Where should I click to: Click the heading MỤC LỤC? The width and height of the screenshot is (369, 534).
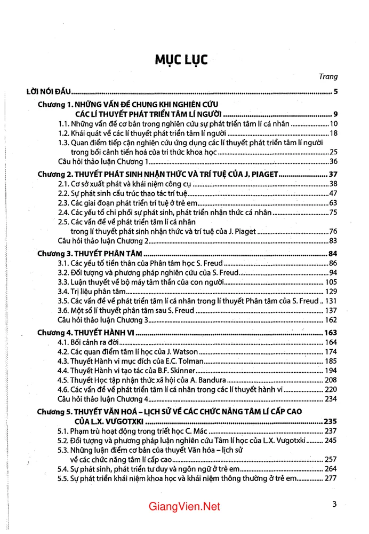pyautogui.click(x=181, y=59)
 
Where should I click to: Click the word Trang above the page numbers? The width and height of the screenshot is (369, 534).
pyautogui.click(x=328, y=77)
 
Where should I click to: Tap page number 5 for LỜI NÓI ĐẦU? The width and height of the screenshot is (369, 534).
pyautogui.click(x=335, y=91)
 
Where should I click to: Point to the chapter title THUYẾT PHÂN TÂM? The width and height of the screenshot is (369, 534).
pyautogui.click(x=111, y=253)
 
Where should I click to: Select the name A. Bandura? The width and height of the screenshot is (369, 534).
pyautogui.click(x=206, y=380)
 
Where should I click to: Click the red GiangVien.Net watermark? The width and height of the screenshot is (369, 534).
pyautogui.click(x=184, y=507)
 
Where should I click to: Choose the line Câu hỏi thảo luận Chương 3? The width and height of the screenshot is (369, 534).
pyautogui.click(x=103, y=320)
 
